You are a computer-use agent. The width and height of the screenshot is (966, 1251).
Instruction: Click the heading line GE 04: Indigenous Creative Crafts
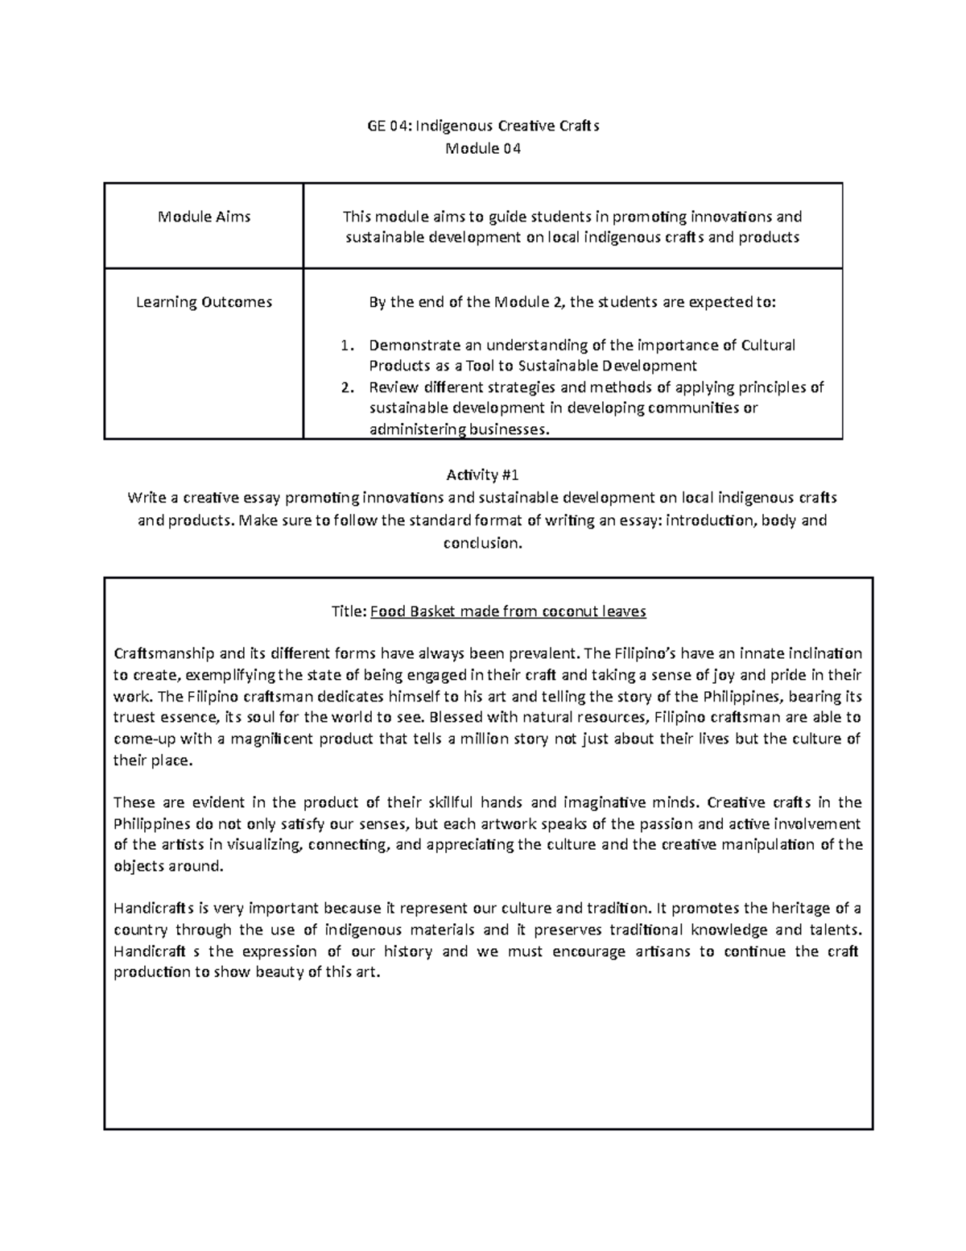coord(482,126)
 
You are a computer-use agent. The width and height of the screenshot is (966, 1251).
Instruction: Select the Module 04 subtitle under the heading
coord(482,148)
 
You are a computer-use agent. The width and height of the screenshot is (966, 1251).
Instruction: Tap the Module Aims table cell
coord(204,217)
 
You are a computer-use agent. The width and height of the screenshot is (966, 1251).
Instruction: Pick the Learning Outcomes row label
coord(204,302)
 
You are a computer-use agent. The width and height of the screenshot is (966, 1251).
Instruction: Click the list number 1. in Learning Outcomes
coord(347,346)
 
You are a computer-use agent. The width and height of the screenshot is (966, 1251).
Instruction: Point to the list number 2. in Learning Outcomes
coord(347,387)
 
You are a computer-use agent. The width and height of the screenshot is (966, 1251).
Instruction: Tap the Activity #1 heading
coord(482,475)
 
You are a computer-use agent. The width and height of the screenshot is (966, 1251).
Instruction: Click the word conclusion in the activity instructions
coord(481,543)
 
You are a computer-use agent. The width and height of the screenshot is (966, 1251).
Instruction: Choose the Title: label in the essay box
coord(349,611)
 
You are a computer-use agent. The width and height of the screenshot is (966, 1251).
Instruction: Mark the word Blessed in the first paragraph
coord(456,717)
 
